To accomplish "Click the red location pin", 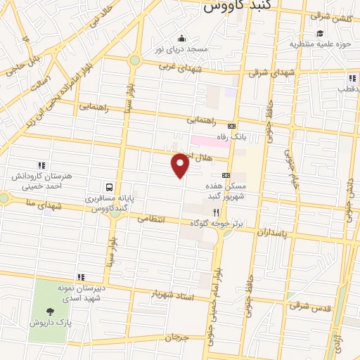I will coord(181,165).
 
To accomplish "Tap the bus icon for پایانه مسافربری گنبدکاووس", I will coord(109,188).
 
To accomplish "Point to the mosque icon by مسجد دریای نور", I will coord(182,38).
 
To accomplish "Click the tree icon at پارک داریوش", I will coord(50,311).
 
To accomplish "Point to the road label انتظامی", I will coord(153,219).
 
